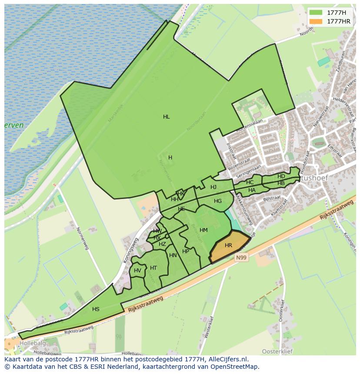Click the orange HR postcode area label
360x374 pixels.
click(228, 245)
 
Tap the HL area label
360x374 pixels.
click(166, 117)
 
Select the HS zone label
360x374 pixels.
click(96, 309)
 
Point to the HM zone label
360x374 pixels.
click(203, 230)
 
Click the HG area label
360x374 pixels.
click(218, 201)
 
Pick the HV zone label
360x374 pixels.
click(137, 271)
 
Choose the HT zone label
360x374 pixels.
click(153, 268)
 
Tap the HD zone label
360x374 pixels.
click(281, 176)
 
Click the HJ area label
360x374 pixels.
click(213, 187)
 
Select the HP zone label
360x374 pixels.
click(186, 252)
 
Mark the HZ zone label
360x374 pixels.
click(162, 244)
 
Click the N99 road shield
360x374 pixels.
click(241, 258)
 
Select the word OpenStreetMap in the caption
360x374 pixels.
click(235, 367)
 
